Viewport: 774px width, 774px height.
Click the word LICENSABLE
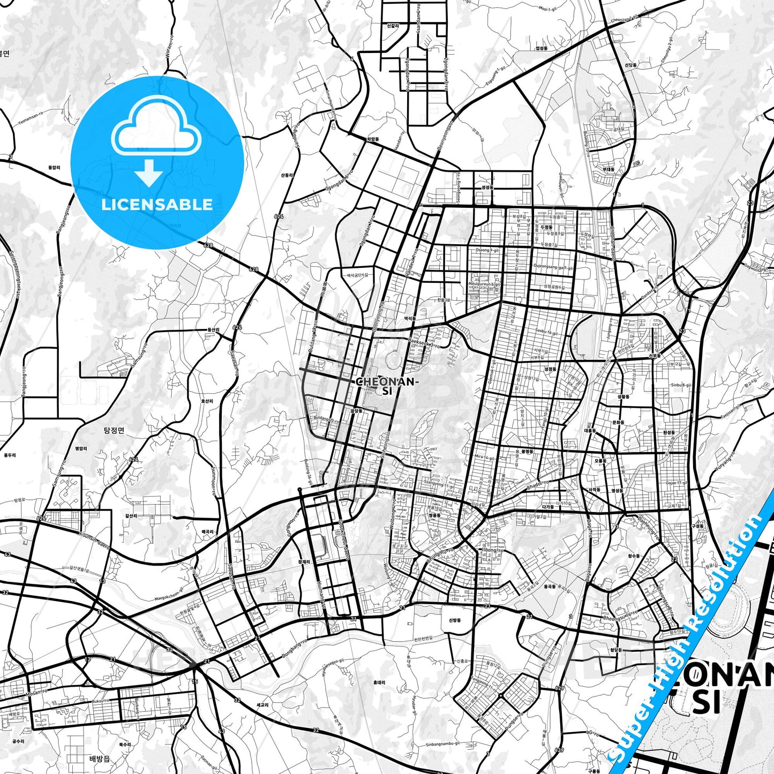pyautogui.click(x=157, y=204)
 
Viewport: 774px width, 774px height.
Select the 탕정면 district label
pyautogui.click(x=114, y=430)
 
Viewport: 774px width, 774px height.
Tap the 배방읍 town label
pyautogui.click(x=99, y=758)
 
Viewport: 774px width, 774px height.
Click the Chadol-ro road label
pyautogui.click(x=538, y=485)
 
